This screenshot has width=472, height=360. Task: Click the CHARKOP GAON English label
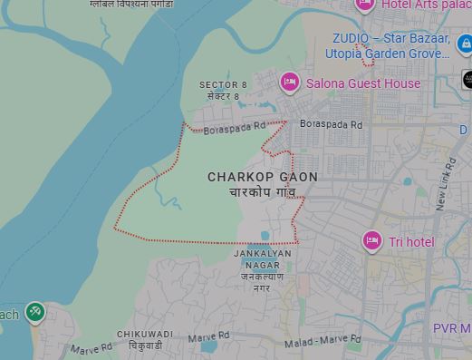click(263, 177)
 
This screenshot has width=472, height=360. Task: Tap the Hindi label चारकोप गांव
click(263, 193)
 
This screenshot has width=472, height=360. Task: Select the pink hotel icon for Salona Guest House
click(290, 83)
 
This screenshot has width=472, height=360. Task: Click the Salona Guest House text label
click(363, 83)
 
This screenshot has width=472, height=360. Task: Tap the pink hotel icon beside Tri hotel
click(371, 241)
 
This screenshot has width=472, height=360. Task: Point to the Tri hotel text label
click(412, 242)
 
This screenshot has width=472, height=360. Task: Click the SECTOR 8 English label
click(223, 85)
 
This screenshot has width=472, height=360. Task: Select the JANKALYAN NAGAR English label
click(262, 259)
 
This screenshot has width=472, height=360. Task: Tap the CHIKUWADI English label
click(145, 335)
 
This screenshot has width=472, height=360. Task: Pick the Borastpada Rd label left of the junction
click(235, 129)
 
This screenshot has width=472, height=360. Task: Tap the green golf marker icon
click(34, 313)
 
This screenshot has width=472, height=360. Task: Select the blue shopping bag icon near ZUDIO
click(464, 44)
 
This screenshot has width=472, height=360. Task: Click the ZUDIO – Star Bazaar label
click(391, 39)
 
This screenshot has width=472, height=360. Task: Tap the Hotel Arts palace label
click(426, 5)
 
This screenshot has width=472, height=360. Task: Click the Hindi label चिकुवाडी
click(145, 346)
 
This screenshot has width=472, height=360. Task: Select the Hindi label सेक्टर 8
click(223, 96)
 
